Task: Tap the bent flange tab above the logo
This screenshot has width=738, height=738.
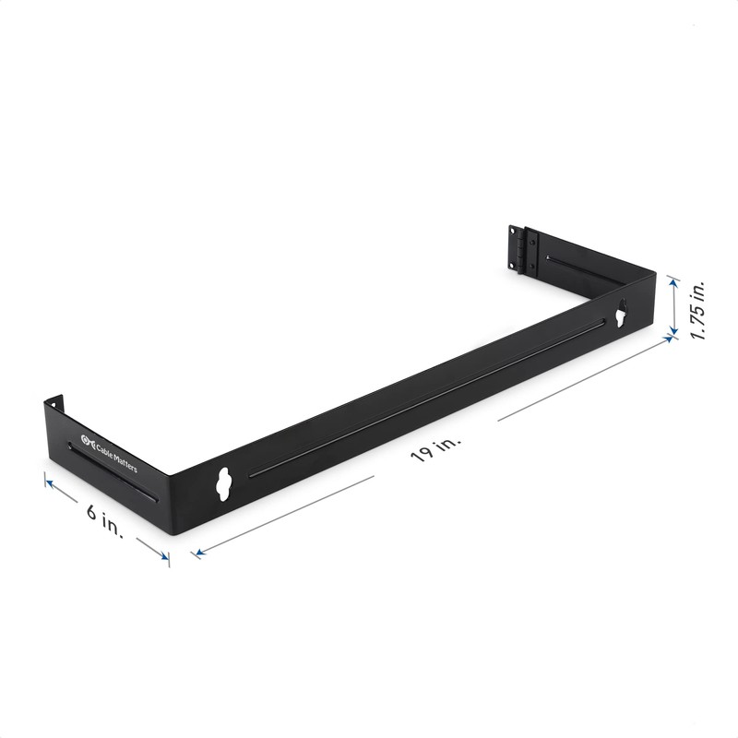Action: pos(54,403)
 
